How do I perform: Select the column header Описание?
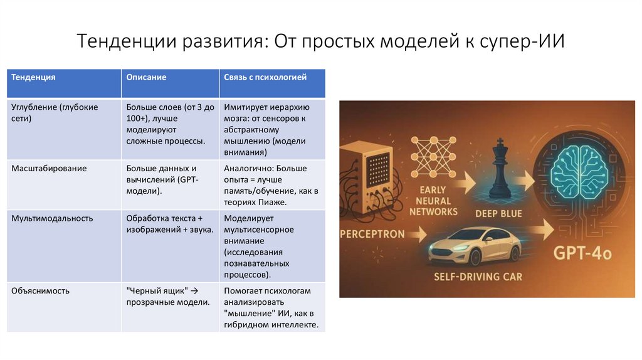tap(146, 78)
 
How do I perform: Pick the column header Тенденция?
tap(34, 78)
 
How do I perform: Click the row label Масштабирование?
tap(49, 169)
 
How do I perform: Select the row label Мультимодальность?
tap(52, 218)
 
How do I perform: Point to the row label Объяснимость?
tap(40, 291)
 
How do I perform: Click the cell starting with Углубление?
tap(55, 112)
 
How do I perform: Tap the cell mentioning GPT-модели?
tap(161, 179)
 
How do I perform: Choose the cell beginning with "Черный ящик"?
tap(167, 297)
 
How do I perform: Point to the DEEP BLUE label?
tap(499, 214)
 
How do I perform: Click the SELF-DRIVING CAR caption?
tap(478, 277)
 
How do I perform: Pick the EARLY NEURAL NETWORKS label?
tap(433, 201)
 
